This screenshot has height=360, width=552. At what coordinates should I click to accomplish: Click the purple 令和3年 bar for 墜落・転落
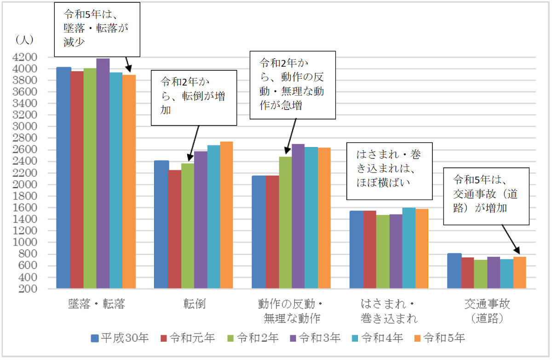103,175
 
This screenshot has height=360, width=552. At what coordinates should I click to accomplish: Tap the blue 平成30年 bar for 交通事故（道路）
454,271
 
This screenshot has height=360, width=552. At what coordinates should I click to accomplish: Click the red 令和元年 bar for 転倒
174,229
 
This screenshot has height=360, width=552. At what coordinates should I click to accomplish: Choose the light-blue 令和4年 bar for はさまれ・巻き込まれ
409,248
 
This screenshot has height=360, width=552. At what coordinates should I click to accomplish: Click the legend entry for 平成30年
120,338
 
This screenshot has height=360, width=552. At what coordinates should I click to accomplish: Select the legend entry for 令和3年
315,338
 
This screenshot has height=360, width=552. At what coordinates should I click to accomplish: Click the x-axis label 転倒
194,304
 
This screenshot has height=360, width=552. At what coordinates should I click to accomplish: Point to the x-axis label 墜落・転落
96,304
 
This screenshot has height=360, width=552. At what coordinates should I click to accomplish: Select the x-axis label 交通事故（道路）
487,310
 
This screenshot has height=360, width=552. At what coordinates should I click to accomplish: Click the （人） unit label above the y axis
22,40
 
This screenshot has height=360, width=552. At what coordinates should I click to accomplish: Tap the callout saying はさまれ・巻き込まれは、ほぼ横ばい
389,170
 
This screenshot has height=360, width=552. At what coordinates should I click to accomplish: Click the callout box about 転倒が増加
194,97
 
